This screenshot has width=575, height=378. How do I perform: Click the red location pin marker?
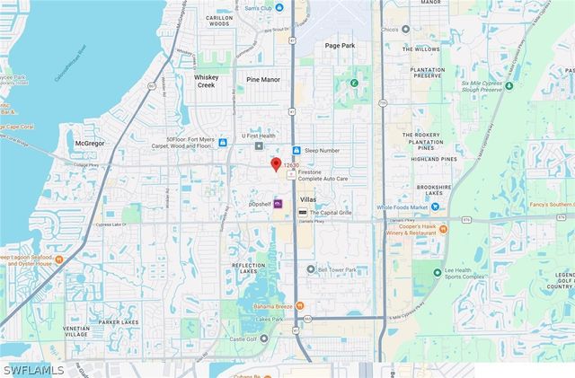click(x=276, y=164)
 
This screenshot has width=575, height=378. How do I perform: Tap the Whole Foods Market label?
click(x=397, y=207)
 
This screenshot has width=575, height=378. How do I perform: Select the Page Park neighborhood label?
click(x=341, y=45)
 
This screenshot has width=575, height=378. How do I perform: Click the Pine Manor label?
click(x=264, y=79)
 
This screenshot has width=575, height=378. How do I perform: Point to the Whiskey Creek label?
click(x=213, y=81)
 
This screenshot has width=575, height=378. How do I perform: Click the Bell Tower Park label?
click(x=337, y=268)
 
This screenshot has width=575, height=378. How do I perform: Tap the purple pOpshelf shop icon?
click(x=279, y=204)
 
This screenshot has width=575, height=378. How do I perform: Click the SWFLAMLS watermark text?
click(x=33, y=370)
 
